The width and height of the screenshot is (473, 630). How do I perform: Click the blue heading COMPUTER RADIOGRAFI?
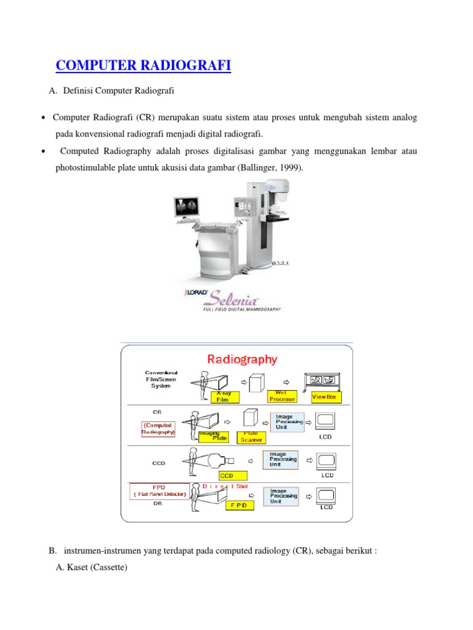click(x=143, y=65)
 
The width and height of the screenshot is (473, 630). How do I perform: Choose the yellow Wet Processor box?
click(x=281, y=396)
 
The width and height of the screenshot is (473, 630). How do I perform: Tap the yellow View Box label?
click(x=326, y=397)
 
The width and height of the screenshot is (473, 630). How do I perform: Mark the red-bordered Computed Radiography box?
click(x=158, y=428)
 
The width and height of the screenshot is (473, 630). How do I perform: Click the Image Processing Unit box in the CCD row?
click(x=284, y=459)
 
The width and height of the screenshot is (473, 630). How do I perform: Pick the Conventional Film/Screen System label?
click(x=161, y=379)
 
